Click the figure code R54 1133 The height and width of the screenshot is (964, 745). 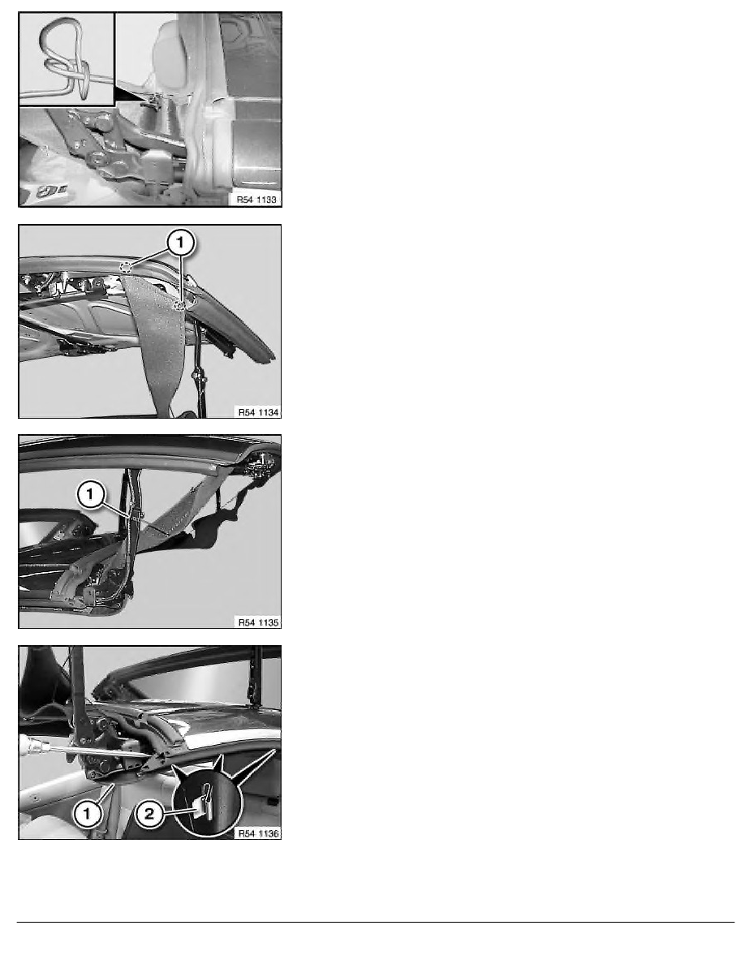coord(257,200)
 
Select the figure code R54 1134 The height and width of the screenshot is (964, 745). coord(258,412)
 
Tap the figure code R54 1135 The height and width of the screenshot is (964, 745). coord(258,623)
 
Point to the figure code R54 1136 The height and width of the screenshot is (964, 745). coord(258,833)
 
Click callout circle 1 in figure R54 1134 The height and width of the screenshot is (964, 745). coord(180,243)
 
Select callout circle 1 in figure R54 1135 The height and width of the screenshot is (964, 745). coord(91,494)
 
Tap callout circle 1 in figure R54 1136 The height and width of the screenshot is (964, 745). coord(88,814)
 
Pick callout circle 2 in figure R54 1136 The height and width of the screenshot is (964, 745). coord(149,815)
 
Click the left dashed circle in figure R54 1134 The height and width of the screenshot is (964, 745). coord(126,267)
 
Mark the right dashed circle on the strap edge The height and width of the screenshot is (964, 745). coord(179,306)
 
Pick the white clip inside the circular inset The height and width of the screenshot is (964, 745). coord(208,806)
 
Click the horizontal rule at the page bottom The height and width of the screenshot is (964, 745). coord(376,922)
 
